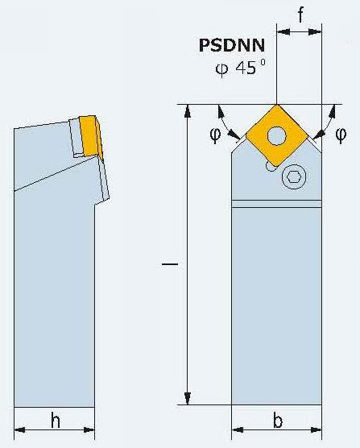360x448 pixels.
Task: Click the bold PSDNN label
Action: click(232, 45)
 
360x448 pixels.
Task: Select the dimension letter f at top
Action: click(300, 14)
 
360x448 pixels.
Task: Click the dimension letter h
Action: click(56, 420)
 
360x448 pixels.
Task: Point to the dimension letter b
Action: click(278, 420)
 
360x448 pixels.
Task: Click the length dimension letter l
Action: click(170, 264)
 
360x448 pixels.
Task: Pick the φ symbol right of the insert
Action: click(341, 134)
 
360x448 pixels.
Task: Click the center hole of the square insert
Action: click(276, 135)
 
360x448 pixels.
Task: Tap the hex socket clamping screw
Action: click(294, 176)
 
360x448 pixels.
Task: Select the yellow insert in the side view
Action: click(91, 136)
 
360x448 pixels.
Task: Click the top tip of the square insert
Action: click(276, 105)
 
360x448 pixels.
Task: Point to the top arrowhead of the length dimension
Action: click(188, 111)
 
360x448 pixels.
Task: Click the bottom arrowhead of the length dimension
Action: click(188, 398)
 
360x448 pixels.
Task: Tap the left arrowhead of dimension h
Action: click(19, 429)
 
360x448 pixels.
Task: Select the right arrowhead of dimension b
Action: click(316, 429)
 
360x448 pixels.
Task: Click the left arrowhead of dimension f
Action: click(283, 31)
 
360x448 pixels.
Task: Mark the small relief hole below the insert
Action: click(269, 166)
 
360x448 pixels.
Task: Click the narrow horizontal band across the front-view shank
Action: click(276, 204)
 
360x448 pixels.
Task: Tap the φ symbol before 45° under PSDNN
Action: click(221, 68)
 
